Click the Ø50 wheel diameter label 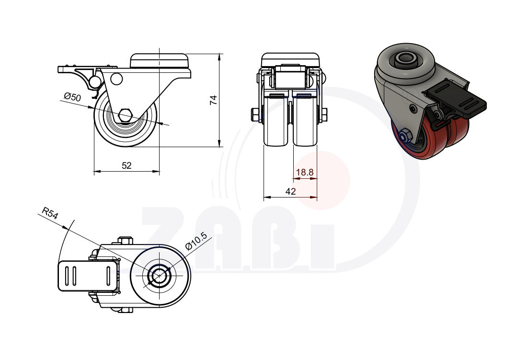coord(72,97)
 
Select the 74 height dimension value coord(214,100)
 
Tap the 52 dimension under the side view coord(126,165)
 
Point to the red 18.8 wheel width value coord(305,173)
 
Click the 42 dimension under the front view coord(290,191)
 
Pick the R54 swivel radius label coord(50,213)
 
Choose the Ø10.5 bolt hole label coord(196,241)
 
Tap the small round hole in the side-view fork coord(116,79)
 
